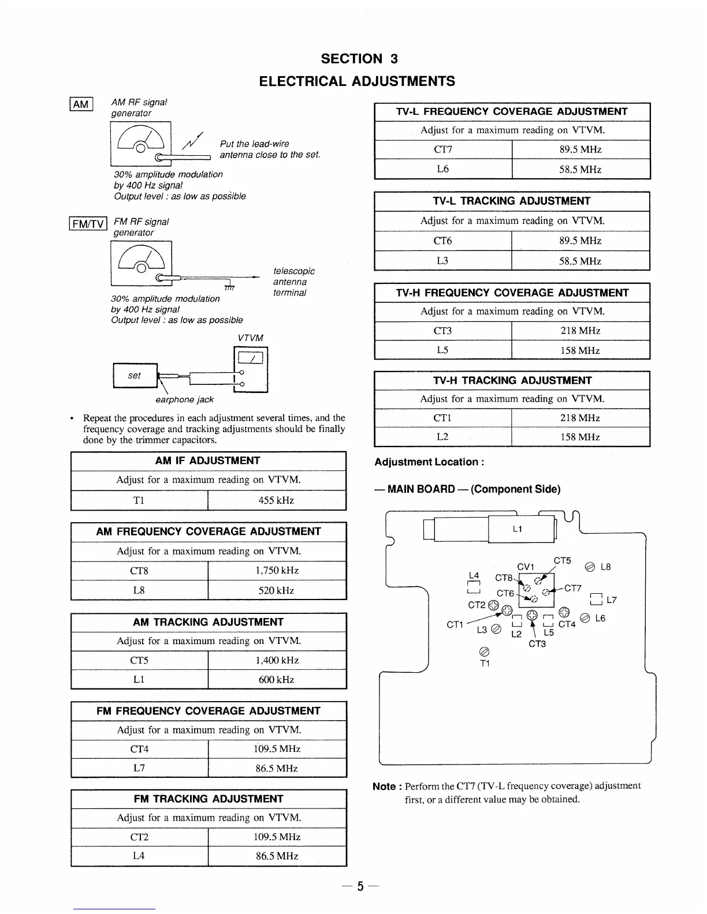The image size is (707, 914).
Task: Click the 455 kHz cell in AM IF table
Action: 276,500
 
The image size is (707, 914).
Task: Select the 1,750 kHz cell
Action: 277,571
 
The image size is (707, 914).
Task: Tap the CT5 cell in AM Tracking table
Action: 139,660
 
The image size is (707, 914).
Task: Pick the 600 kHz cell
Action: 277,680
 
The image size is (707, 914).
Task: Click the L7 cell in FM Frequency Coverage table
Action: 139,768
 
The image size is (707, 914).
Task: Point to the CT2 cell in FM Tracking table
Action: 139,837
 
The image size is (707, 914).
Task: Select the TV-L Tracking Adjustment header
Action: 512,201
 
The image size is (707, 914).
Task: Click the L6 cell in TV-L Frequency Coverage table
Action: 443,169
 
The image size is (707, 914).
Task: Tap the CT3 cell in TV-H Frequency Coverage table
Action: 443,331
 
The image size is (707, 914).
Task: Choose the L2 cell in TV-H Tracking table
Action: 443,437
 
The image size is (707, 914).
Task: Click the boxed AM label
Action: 81,104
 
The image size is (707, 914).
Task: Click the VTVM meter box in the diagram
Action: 250,369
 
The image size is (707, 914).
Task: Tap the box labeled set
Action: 135,376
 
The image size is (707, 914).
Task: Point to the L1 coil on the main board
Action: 517,529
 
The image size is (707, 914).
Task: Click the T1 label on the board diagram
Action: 485,664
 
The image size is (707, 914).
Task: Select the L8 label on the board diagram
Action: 605,567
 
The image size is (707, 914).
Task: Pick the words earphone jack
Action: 184,399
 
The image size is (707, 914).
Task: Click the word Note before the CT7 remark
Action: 384,786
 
